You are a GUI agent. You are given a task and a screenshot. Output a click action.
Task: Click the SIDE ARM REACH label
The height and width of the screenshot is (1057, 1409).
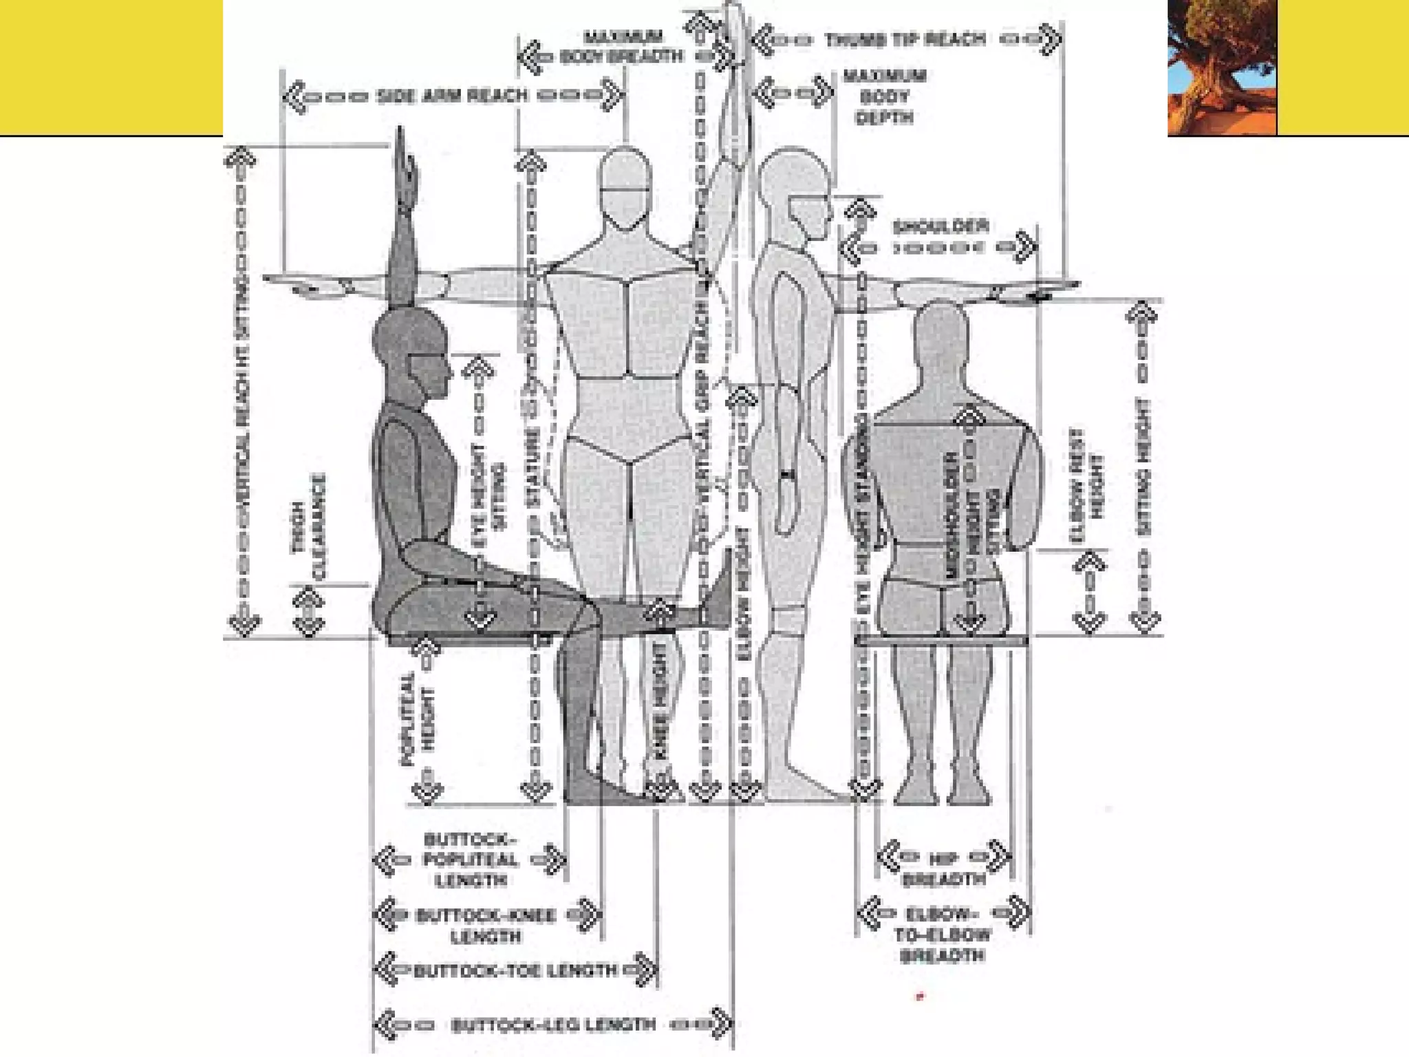pos(453,96)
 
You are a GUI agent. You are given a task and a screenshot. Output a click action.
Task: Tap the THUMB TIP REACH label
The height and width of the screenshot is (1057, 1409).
pos(905,39)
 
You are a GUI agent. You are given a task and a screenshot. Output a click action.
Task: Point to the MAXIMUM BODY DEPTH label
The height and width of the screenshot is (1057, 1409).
pos(884,96)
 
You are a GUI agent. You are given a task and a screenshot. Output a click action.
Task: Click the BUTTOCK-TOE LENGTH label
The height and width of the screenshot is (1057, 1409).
pos(516,971)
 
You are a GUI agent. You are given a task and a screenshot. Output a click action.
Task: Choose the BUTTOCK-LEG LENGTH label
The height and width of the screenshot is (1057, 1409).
pos(553,1025)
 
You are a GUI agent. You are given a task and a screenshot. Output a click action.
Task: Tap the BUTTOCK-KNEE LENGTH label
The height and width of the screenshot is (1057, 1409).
pos(486,926)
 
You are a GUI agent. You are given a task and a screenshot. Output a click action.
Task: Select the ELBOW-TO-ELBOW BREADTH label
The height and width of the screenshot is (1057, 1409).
pos(942,935)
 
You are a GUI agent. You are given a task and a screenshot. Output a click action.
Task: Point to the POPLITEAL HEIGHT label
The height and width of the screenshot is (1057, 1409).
pos(418,720)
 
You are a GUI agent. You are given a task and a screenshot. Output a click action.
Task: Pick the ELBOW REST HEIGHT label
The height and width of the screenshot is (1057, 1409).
pos(1087,485)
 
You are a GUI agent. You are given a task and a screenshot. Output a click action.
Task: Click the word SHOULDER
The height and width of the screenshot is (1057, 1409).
pos(940,226)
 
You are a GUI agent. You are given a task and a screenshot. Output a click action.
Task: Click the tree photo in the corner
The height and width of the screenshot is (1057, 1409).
pos(1222,67)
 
